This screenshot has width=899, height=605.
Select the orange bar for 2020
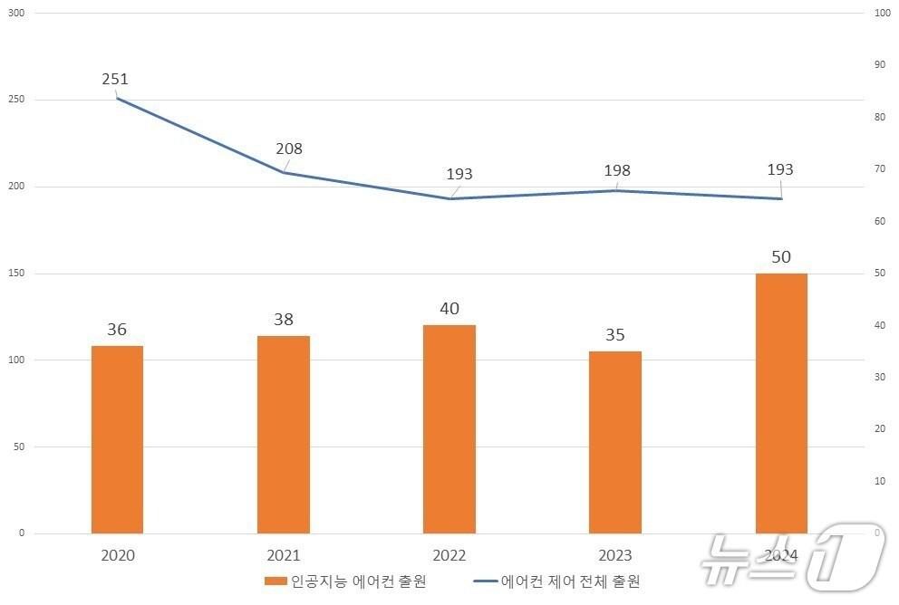[x=117, y=439]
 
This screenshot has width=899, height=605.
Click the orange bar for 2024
[x=781, y=403]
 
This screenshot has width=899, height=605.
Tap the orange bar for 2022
[x=449, y=428]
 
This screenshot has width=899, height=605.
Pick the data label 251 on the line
[x=115, y=80]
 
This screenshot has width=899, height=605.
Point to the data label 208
[x=289, y=149]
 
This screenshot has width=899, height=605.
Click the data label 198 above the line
[x=616, y=170]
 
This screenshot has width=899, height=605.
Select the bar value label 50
[x=781, y=257]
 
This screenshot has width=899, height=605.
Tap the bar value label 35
[x=615, y=335]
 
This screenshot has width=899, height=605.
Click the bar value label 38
[x=283, y=320]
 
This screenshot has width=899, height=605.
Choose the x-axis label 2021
[x=283, y=555]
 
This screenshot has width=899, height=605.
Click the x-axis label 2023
[x=615, y=555]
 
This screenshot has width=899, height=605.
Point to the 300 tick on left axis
[x=15, y=14]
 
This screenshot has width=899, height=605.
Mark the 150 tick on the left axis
[x=15, y=274]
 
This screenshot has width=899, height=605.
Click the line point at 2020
[x=117, y=98]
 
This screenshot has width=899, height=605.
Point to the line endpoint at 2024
[x=781, y=198]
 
